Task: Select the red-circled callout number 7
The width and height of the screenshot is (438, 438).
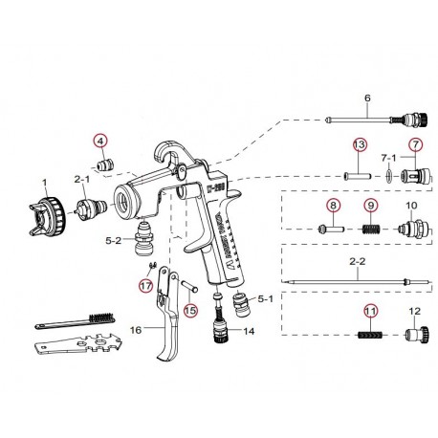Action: click(x=415, y=145)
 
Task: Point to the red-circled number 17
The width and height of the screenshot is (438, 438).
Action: click(x=145, y=284)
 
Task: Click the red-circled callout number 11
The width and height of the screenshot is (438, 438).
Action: click(x=368, y=309)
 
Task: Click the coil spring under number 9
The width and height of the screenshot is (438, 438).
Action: click(x=369, y=230)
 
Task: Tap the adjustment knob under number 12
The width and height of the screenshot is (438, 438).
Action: click(x=415, y=336)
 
